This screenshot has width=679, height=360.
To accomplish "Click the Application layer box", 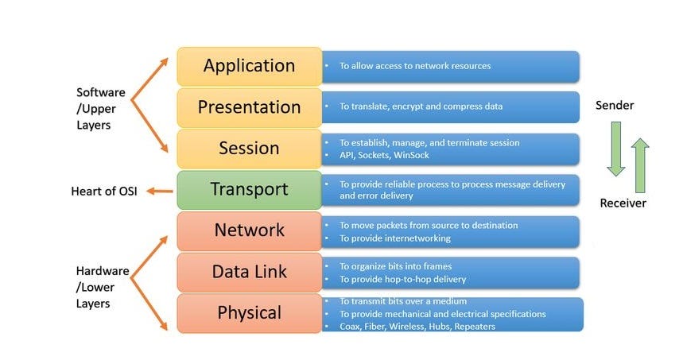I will click(249, 66).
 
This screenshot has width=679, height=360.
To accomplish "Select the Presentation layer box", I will click(249, 107).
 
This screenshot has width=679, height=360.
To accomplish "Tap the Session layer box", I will click(249, 149).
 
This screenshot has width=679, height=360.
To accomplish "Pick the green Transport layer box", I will click(249, 190).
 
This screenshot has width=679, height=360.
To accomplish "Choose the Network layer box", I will click(249, 230).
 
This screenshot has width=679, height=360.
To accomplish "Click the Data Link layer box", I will click(249, 272).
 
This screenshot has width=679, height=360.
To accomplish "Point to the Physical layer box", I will click(249, 313).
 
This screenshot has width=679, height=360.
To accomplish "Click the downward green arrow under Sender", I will click(615, 149).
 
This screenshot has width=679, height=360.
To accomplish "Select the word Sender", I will click(615, 106).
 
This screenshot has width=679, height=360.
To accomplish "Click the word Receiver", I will click(623, 203).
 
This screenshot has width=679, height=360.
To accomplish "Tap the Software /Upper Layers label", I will click(101, 110).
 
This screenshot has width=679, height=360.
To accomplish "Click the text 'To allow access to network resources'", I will click(415, 66).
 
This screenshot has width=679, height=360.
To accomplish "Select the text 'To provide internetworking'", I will click(395, 238).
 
